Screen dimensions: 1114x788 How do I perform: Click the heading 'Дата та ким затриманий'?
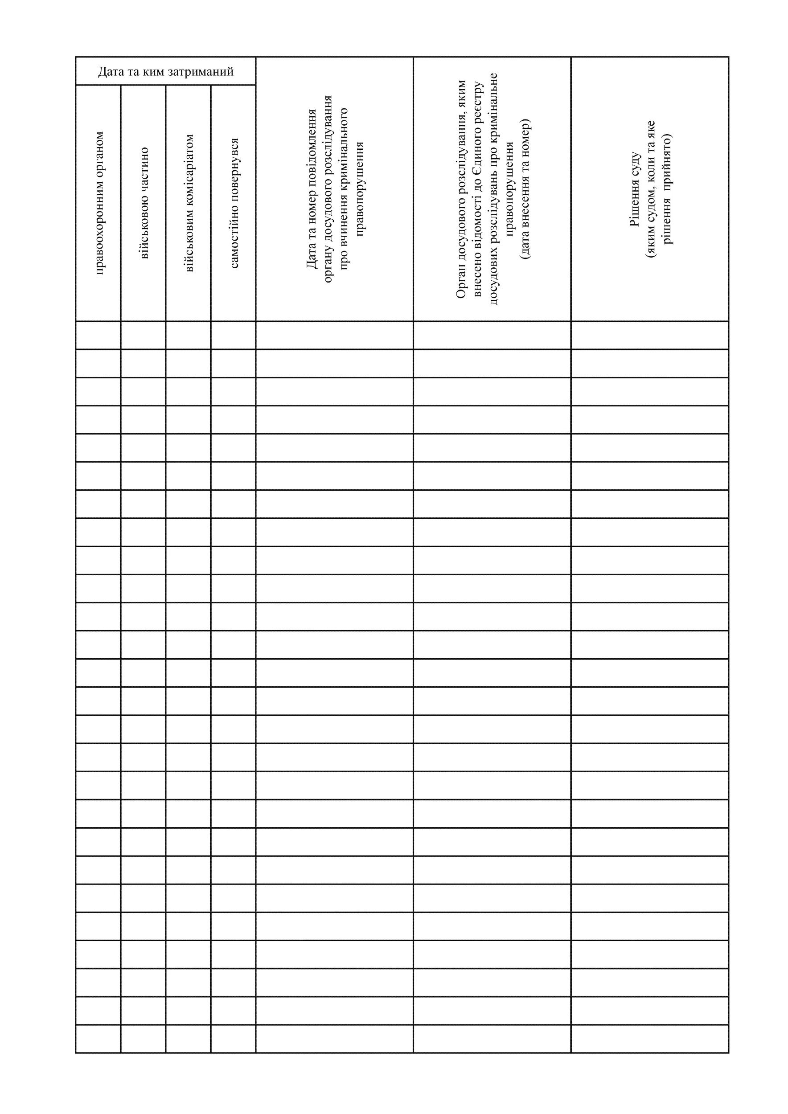165,72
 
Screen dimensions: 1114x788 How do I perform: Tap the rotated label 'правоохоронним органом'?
99,203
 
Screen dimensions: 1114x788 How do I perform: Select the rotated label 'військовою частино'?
144,203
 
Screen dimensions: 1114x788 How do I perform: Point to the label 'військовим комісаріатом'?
189,203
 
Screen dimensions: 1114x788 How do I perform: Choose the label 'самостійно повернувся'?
234,203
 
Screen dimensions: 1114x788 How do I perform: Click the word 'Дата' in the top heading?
111,72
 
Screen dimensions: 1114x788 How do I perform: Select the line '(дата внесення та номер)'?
525,189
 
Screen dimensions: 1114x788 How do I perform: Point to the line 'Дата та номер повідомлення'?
312,189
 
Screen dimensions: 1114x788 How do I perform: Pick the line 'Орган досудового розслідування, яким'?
461,189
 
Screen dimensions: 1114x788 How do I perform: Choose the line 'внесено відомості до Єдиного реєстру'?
477,189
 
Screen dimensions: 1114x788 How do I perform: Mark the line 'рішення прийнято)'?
667,189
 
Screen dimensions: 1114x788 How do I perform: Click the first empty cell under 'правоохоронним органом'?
98,335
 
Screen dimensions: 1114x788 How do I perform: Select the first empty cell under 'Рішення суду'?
650,335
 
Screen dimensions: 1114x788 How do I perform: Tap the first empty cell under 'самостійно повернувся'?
234,335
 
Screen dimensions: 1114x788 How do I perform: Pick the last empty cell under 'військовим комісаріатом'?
188,1039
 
